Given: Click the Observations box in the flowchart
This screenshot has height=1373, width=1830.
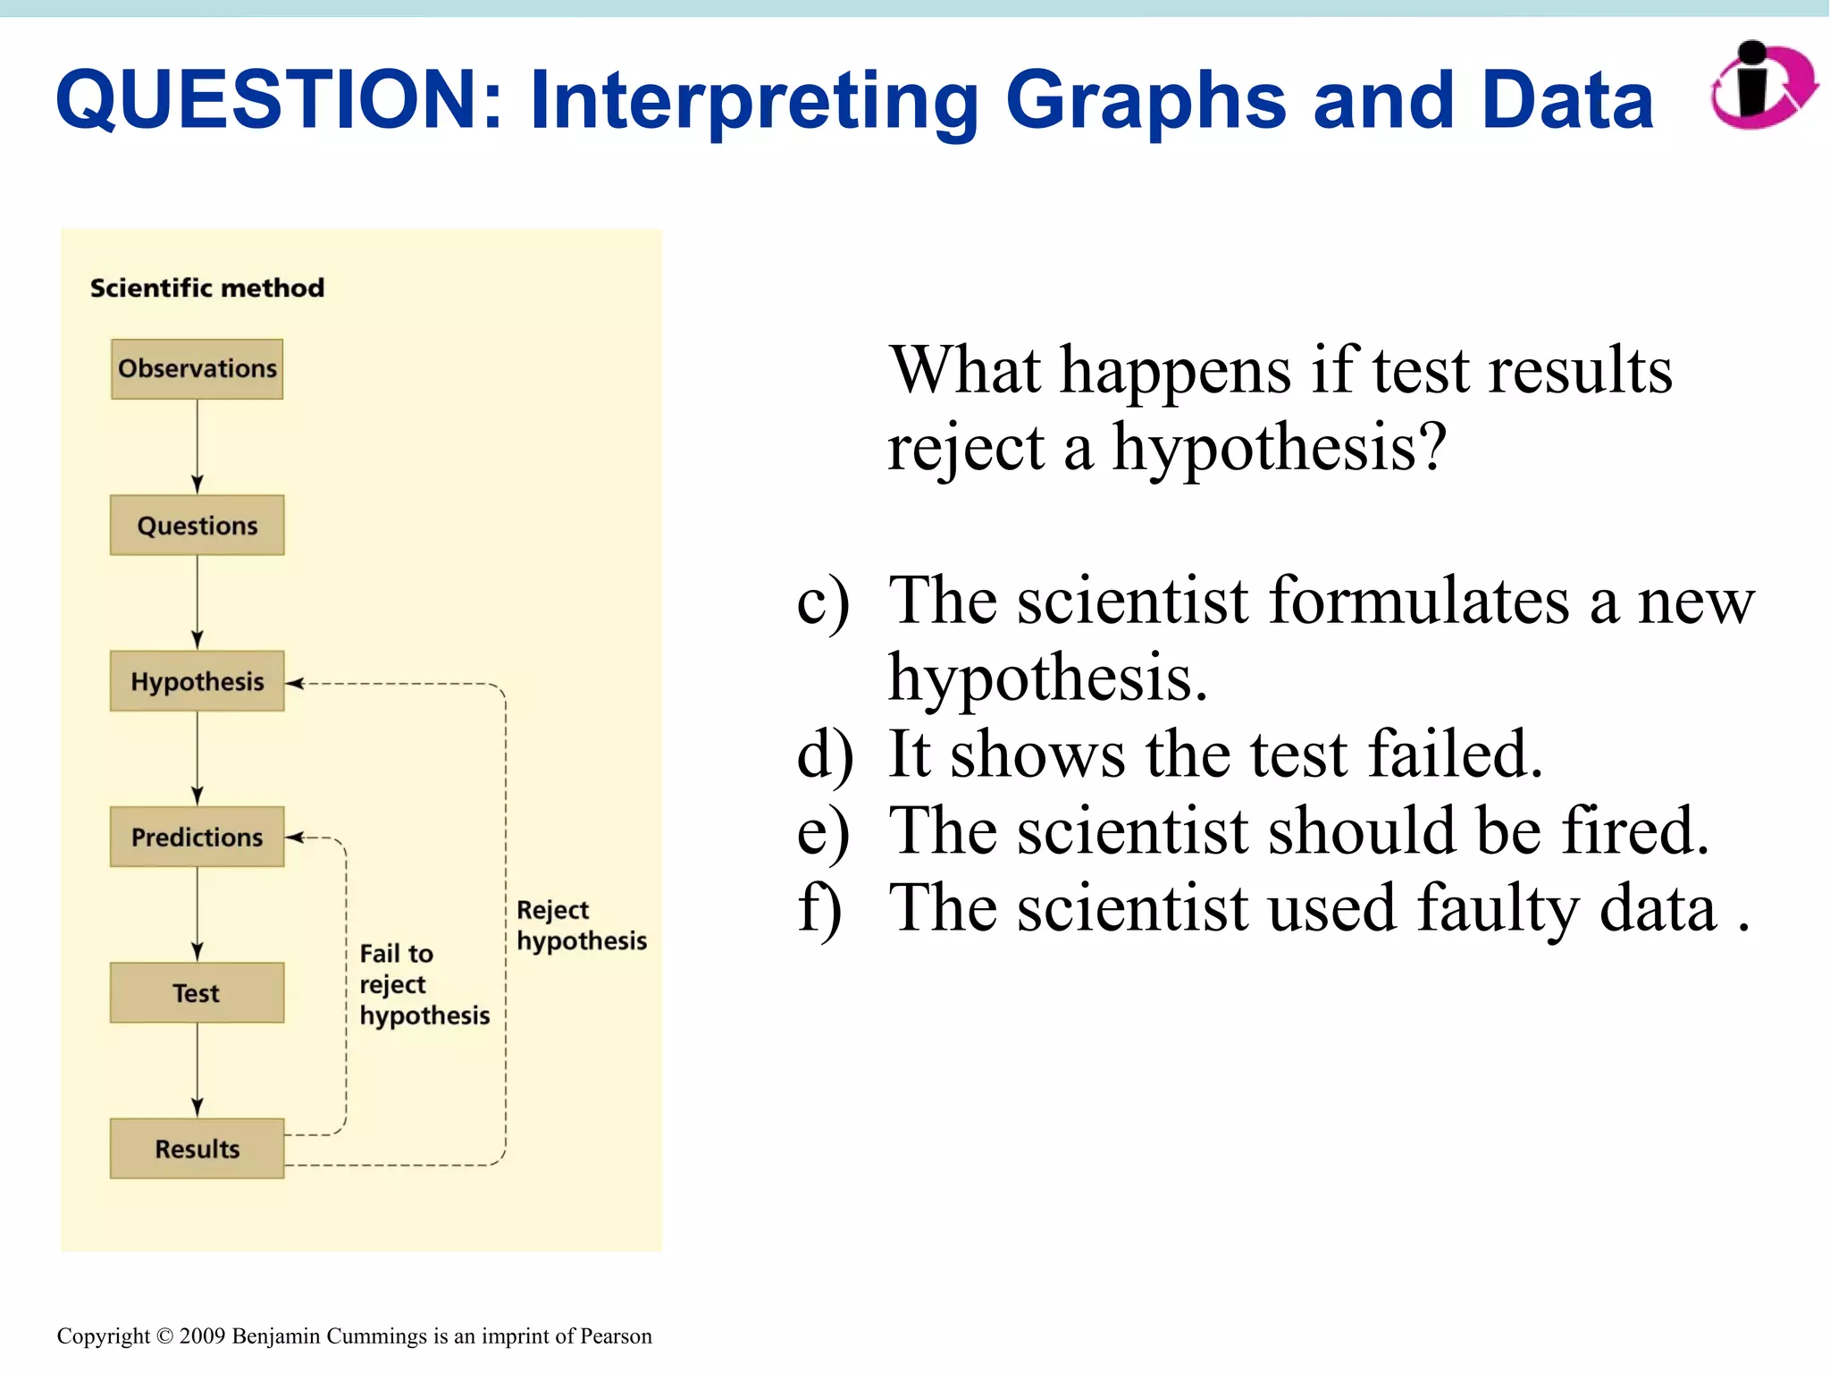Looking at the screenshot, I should [x=197, y=368].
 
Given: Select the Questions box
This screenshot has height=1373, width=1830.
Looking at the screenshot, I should [x=197, y=526].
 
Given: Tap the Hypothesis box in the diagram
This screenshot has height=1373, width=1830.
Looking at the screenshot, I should [x=197, y=681].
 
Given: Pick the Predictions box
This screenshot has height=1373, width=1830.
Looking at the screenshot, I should [x=197, y=838].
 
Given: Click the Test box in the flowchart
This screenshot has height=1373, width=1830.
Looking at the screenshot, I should [x=197, y=993].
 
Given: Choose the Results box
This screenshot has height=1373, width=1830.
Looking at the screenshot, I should [x=197, y=1149].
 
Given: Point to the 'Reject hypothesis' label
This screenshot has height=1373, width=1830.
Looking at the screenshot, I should [x=581, y=925].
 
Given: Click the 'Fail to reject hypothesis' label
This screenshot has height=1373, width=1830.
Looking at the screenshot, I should [x=424, y=984].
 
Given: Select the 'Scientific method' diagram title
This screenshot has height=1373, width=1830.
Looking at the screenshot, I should [x=206, y=288].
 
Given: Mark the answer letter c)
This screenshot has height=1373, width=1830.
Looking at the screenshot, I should [x=822, y=601].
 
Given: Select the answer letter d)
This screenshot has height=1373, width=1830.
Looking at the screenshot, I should [x=824, y=755].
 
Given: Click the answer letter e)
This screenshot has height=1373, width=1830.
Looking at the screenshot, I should [x=822, y=832].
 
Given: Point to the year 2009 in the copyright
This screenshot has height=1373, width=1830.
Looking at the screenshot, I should [x=203, y=1336].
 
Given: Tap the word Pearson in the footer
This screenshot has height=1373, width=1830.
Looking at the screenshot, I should [x=616, y=1336].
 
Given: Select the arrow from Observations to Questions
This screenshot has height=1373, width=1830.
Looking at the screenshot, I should [x=197, y=447].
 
